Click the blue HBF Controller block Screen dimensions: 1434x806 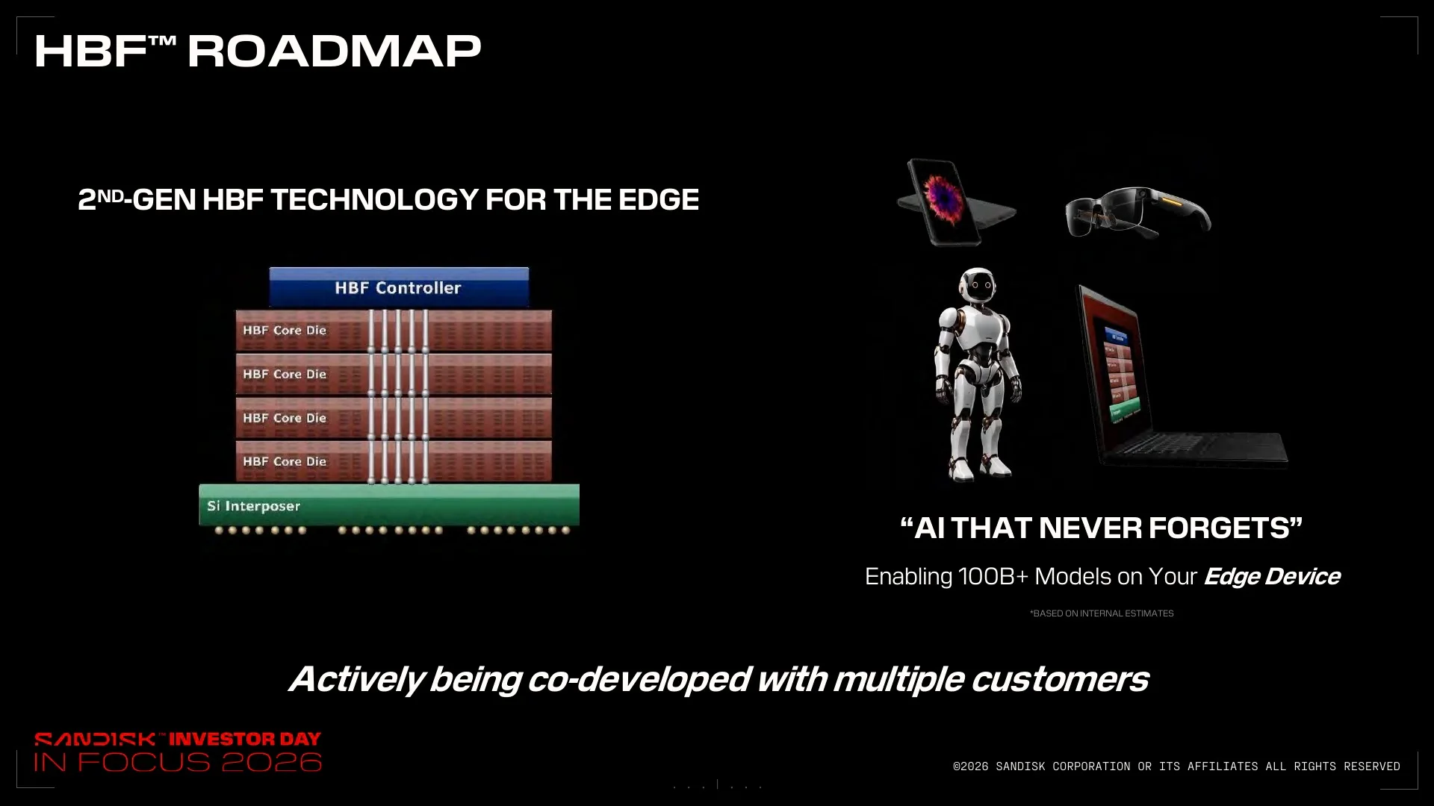399,287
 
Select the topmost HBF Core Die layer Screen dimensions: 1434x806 394,331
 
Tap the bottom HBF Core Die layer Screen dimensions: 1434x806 394,461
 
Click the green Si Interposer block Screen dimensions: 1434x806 389,504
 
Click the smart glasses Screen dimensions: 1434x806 1137,212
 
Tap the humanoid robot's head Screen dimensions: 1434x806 977,287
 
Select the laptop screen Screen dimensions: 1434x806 1112,366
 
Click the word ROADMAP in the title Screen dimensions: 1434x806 334,51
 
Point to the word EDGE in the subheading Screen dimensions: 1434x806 659,199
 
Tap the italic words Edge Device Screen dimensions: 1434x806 1272,577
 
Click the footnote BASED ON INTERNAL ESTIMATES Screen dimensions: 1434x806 1102,613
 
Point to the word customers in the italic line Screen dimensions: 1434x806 1059,679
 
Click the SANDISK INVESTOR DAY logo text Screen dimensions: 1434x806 178,739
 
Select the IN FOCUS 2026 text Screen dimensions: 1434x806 178,762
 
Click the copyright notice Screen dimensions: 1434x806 1176,766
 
